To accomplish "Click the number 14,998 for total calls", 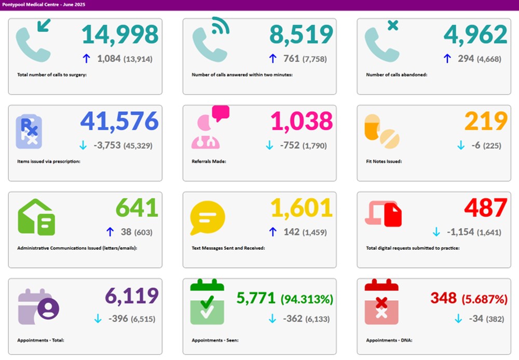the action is point(120,34).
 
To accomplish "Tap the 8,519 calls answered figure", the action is point(301,34).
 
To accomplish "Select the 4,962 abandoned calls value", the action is point(475,34).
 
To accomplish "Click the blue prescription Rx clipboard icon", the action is point(29,131).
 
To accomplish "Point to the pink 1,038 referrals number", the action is point(302,121).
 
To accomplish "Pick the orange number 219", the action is point(486,121).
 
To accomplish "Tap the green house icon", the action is point(36,217).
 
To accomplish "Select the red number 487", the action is point(486,208).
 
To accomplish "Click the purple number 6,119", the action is point(132,296).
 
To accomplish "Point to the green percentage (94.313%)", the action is point(307,299).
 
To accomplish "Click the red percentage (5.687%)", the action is point(485,299).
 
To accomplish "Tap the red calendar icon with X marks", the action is point(381,302).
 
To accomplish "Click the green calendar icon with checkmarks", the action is point(207,302).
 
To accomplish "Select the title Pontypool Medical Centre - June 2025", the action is point(44,5).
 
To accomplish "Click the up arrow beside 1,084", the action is point(86,59).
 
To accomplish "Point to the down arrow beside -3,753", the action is point(83,145).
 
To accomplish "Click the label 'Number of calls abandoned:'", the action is point(397,75).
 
